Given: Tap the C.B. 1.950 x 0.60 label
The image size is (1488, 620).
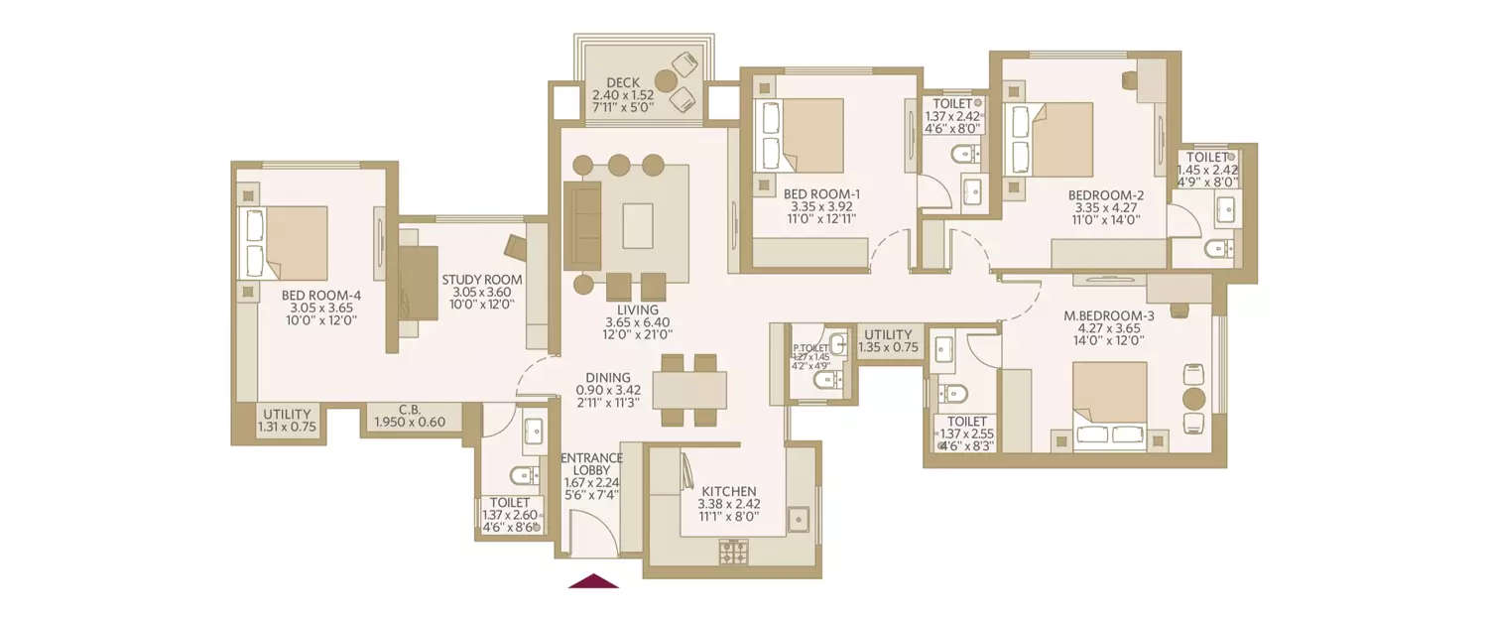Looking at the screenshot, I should [x=410, y=416].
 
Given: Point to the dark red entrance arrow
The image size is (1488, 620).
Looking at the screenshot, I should [x=593, y=581].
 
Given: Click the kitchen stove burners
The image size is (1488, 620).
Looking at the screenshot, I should [x=733, y=552].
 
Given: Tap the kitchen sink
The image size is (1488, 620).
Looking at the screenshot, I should [x=799, y=519].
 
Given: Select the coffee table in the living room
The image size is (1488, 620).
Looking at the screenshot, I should [x=638, y=225].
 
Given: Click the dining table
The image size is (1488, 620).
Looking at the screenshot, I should [x=689, y=390].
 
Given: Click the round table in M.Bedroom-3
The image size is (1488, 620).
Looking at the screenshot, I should [x=1194, y=399].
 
